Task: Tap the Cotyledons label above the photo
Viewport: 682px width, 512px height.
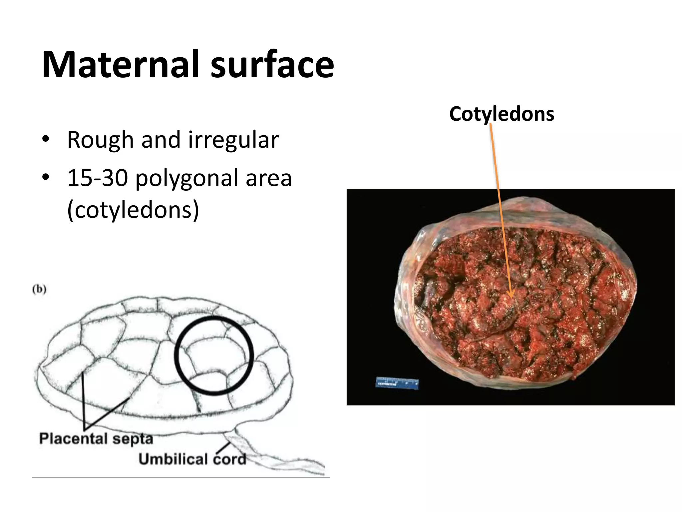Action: (x=502, y=114)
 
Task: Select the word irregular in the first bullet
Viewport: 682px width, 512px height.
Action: (x=233, y=140)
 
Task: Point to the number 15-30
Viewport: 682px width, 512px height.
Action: (x=98, y=178)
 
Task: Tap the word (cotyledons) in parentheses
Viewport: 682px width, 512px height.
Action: (x=133, y=210)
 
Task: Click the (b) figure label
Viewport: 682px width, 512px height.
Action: (x=39, y=289)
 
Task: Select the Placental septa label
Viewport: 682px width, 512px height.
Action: (x=96, y=438)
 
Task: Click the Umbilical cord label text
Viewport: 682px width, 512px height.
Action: (x=192, y=459)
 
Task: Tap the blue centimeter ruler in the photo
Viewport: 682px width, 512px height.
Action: (x=397, y=383)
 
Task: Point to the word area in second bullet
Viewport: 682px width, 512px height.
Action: (x=268, y=178)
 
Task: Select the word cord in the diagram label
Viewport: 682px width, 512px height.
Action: (x=229, y=459)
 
